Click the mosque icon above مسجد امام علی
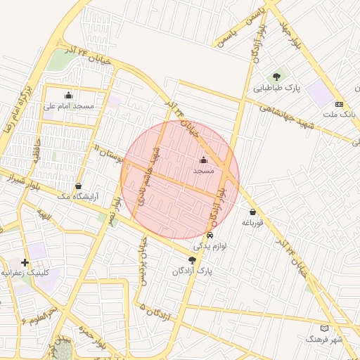tap(68, 96)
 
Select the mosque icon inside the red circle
tap(204, 160)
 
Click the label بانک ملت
tap(340, 114)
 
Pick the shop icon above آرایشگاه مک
tap(77, 186)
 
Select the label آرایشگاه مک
tap(77, 197)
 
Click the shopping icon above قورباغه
tap(252, 212)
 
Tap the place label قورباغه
tap(252, 223)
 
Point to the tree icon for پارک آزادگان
tap(192, 260)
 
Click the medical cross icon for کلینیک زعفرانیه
tap(25, 262)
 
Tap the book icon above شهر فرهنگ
tap(324, 328)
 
